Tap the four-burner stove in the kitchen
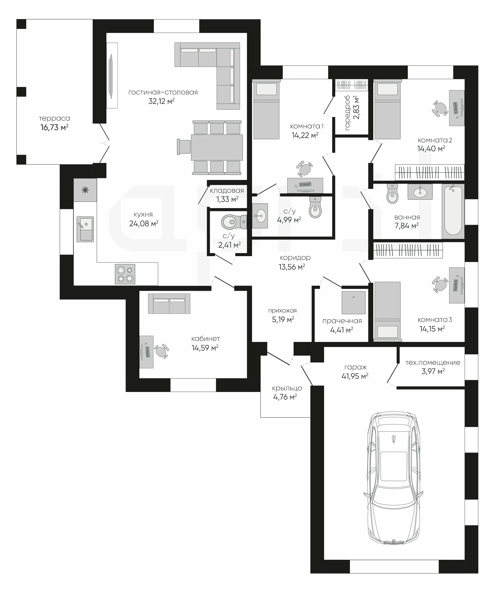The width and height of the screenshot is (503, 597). pos(125,274)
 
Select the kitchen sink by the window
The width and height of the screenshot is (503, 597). pos(85,229)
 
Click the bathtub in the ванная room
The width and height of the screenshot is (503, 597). pos(453,211)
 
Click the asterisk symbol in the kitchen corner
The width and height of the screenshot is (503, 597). pos(85,190)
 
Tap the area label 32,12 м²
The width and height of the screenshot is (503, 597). pos(161,101)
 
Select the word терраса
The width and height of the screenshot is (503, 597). pos(54,118)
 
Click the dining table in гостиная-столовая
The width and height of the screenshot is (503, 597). pos(217,148)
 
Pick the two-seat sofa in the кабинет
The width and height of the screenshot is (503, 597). pos(169,304)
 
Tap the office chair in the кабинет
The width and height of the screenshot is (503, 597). pos(161,351)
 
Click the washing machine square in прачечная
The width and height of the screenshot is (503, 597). pos(354,303)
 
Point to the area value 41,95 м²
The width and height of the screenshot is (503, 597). pos(355,377)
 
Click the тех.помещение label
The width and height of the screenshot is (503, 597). pos(433,362)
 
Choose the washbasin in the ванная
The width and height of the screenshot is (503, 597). pos(420,191)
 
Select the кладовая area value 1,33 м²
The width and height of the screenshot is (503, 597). pos(227,199)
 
